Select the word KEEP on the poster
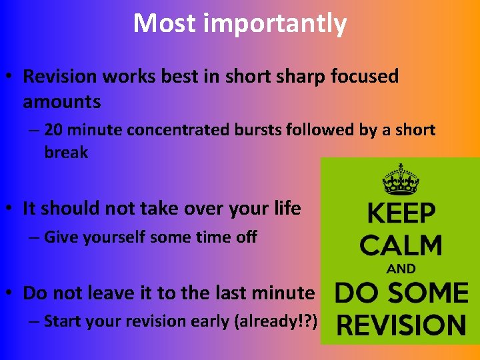coord(401,215)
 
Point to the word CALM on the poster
coord(401,245)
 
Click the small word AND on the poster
coord(401,269)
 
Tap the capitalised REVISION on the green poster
coord(401,325)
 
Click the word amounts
coord(62,102)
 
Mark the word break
coord(66,152)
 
